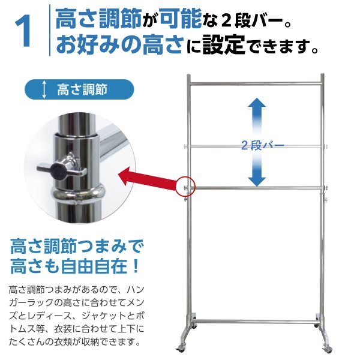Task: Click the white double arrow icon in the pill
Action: coord(43,91)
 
